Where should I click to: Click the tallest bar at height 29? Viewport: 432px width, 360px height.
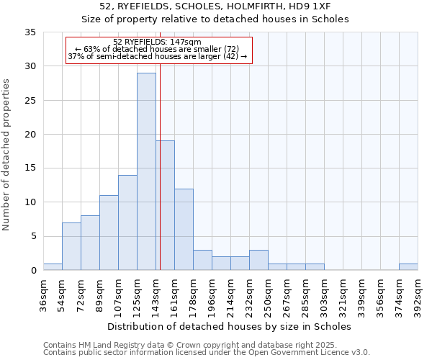(x=146, y=171)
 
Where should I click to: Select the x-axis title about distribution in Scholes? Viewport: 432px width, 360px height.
(x=230, y=326)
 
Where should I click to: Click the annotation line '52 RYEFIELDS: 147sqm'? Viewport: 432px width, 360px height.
(x=157, y=42)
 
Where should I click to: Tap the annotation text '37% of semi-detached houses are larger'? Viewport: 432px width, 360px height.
(x=157, y=56)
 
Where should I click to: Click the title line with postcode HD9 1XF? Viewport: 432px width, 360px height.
(x=215, y=6)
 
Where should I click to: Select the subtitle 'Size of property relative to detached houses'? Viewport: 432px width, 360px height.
(x=215, y=19)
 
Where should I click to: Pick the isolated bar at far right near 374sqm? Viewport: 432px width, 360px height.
(x=408, y=266)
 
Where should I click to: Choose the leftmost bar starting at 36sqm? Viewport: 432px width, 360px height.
(x=53, y=266)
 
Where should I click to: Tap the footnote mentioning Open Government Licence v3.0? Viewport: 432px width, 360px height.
(x=206, y=353)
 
